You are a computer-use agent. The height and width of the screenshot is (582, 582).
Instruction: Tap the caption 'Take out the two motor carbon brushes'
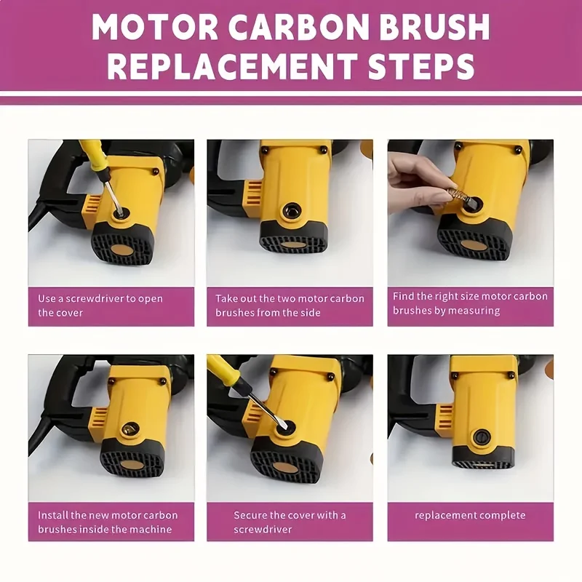pos(290,306)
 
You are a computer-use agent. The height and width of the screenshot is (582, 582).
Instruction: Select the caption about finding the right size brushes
pos(470,303)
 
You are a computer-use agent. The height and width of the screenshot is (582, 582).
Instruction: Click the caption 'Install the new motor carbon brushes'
pos(108,522)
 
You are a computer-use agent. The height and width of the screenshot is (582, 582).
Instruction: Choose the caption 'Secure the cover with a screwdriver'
pos(290,522)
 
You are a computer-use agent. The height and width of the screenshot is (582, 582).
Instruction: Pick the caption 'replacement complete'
pos(470,515)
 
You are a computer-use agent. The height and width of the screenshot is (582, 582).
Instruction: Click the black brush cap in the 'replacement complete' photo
pos(480,436)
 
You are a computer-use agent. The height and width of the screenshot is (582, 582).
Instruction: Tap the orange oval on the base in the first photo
pos(122,250)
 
